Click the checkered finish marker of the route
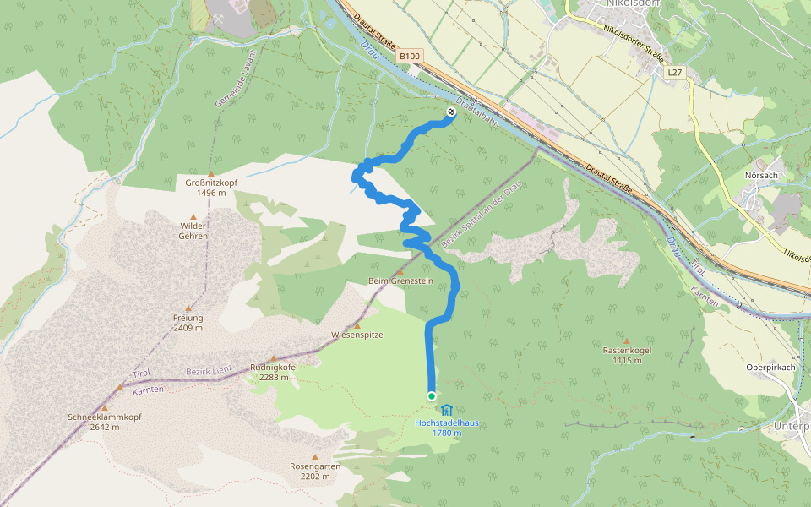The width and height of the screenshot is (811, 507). (449, 112)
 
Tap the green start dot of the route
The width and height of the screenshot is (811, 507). (432, 395)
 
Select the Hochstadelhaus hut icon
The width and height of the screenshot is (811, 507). (447, 410)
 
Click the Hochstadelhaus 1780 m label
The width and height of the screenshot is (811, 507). (446, 428)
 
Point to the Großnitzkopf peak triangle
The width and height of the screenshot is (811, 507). (211, 173)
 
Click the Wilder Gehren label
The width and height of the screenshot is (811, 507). (193, 231)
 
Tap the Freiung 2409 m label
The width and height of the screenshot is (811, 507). (188, 323)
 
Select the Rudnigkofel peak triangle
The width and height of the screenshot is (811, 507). (274, 358)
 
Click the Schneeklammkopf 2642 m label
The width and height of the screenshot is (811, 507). (105, 422)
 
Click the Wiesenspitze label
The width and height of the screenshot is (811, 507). (357, 335)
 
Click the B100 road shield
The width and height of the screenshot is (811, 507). (410, 56)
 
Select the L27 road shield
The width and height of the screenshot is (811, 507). (674, 73)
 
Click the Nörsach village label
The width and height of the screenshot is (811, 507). (762, 175)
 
